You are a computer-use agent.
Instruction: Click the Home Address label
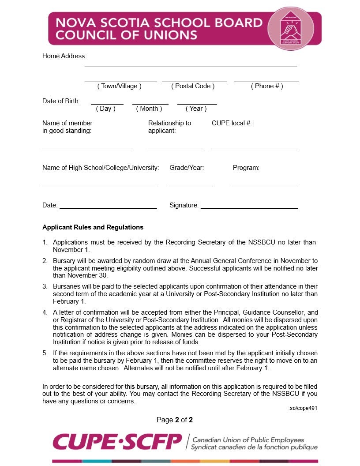(64, 56)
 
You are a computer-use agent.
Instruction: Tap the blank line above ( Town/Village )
(120, 82)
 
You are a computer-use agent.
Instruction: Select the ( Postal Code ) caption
(193, 86)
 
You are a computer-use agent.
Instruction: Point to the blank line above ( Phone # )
(266, 82)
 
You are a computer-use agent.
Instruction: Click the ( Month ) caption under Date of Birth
(149, 109)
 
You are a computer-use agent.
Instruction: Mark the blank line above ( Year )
(197, 104)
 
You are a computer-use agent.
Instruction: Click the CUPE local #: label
(232, 123)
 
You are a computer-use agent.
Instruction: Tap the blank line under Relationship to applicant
(175, 149)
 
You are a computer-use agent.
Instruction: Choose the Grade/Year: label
(187, 168)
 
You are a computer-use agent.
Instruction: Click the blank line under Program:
(265, 186)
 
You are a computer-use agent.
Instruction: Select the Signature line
(249, 208)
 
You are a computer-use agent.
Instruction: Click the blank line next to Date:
(108, 208)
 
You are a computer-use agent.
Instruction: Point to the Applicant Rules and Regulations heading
(93, 227)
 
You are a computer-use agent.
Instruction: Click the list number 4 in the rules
(45, 312)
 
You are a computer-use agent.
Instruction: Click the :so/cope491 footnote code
(303, 408)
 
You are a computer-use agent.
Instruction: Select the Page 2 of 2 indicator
(175, 420)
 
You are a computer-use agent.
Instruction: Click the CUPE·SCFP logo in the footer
(117, 442)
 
